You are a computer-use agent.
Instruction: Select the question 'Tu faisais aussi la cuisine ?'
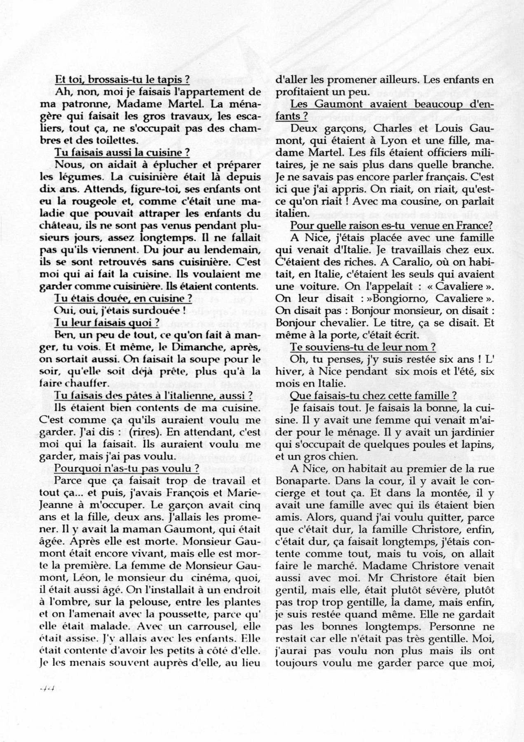point(122,153)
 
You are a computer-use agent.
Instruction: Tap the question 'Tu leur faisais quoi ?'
point(108,322)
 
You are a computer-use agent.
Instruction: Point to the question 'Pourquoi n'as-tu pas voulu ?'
point(127,468)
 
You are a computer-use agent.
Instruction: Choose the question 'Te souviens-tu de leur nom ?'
point(363,347)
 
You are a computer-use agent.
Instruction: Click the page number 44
point(48,689)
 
